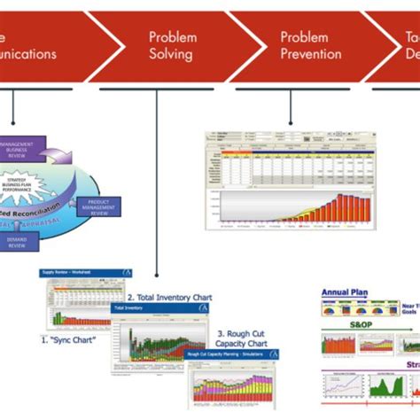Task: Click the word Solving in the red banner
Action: [171, 54]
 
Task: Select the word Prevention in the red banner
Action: [311, 54]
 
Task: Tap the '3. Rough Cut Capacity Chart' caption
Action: [243, 338]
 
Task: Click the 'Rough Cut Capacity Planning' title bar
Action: [232, 353]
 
